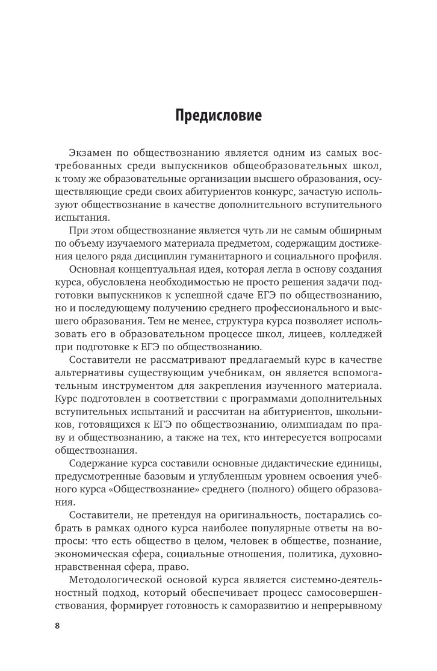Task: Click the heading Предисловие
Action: (218, 115)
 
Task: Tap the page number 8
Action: (57, 625)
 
